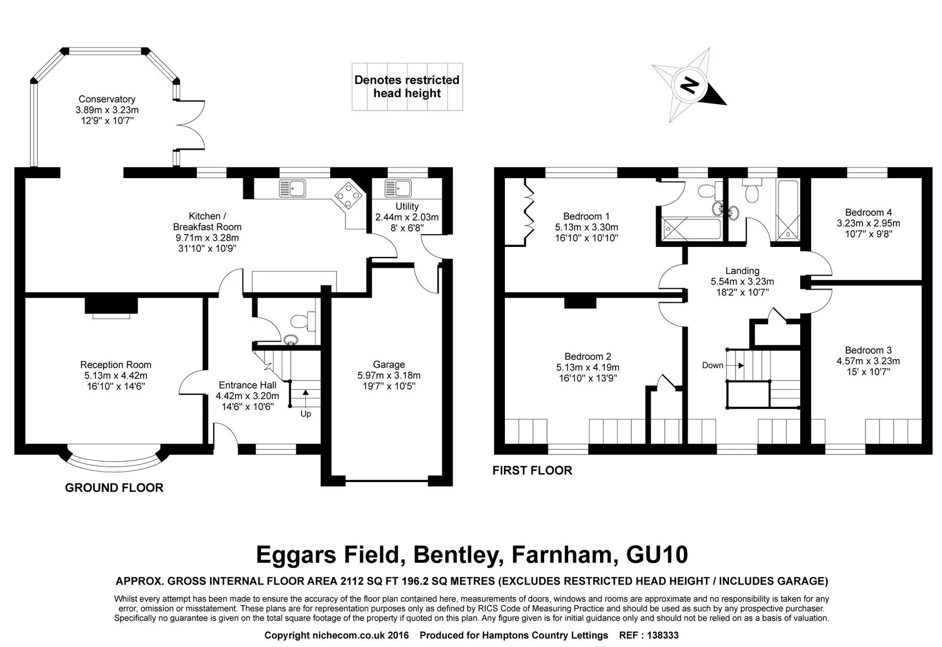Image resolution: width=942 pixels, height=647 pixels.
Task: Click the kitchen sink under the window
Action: click(292, 188)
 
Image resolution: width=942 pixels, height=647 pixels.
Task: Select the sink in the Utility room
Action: click(398, 188)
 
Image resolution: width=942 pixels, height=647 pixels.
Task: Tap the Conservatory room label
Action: click(107, 99)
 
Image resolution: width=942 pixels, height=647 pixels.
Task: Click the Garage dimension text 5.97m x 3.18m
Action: click(389, 376)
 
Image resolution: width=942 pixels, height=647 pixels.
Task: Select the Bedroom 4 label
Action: click(868, 213)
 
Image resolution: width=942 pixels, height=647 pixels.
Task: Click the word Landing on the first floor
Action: click(742, 271)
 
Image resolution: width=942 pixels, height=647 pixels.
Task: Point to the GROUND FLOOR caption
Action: click(114, 487)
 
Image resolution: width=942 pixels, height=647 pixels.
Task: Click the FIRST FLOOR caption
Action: click(532, 470)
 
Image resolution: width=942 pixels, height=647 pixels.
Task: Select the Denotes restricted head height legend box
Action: click(407, 87)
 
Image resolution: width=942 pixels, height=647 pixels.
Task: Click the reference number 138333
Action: click(662, 635)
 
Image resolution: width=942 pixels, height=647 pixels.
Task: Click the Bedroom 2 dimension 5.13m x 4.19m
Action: click(588, 368)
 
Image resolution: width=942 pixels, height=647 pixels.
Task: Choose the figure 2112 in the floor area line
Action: click(352, 581)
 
